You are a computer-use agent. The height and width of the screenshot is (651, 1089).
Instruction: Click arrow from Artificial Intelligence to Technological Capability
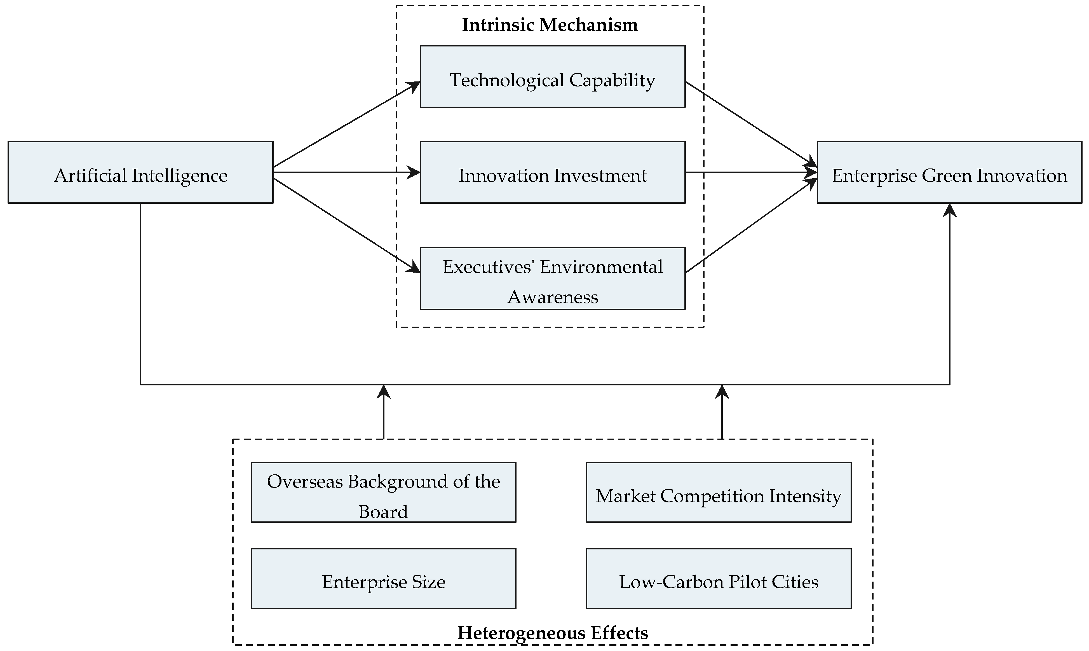(x=346, y=124)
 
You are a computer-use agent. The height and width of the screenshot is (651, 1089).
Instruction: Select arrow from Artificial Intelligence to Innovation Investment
(x=346, y=172)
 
